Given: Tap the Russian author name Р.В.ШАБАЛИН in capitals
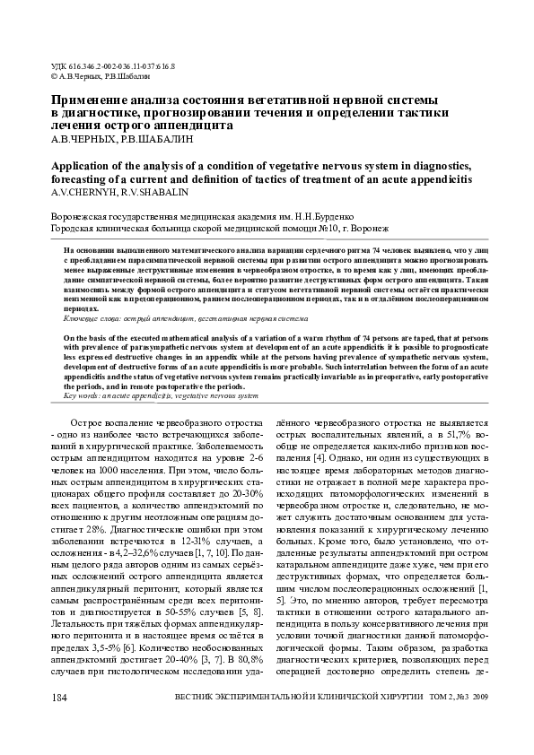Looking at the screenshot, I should (x=162, y=140).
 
